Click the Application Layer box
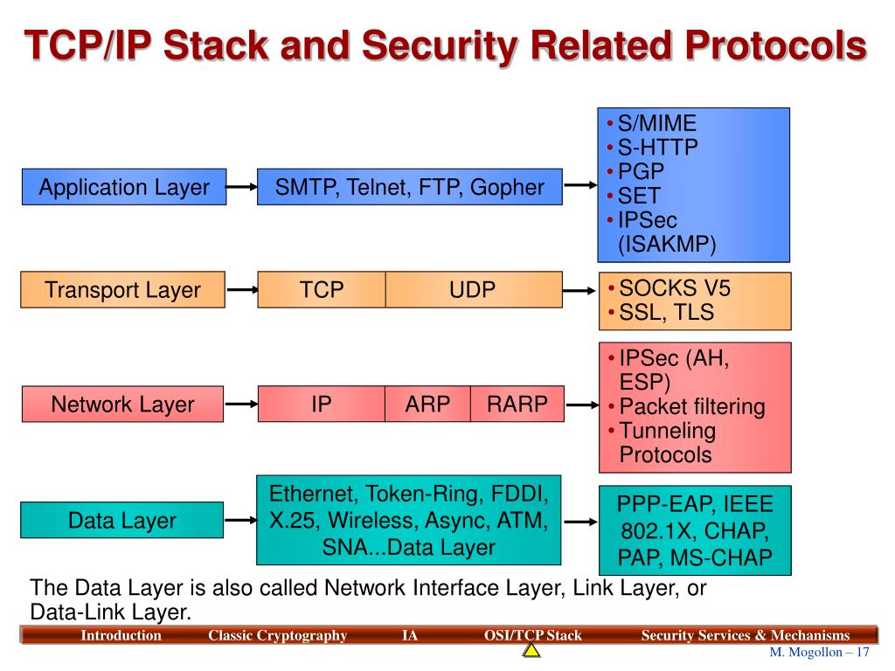[123, 187]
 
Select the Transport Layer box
[122, 290]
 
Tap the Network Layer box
[122, 404]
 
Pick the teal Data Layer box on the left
[122, 521]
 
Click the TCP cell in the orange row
[322, 290]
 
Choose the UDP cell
[473, 290]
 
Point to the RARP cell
[517, 404]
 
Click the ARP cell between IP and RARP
[427, 404]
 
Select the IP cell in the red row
[322, 404]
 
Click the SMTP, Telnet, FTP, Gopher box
[409, 187]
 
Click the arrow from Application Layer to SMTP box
[242, 186]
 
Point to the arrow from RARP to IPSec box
[580, 405]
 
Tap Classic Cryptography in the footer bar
[277, 635]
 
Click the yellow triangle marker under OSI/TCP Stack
[532, 651]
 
